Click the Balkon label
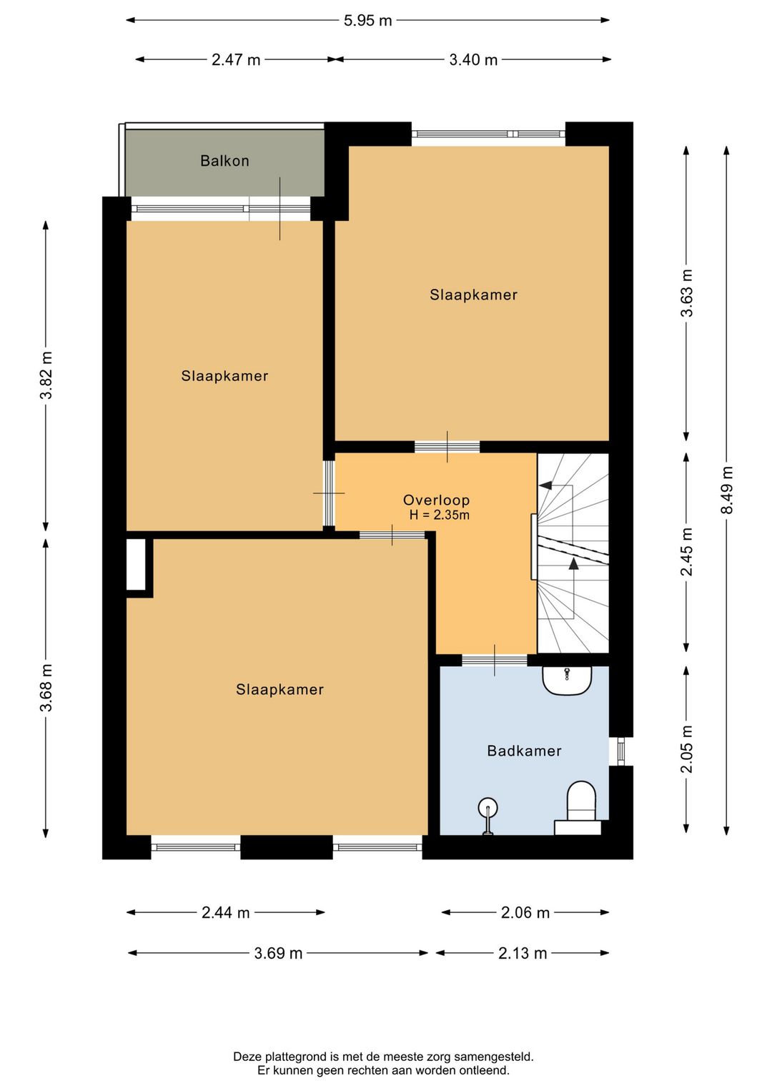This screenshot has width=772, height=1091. (x=224, y=161)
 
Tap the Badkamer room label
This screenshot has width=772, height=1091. (x=524, y=751)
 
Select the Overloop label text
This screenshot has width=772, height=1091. (x=437, y=500)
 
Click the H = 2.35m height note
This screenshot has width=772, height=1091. (x=440, y=515)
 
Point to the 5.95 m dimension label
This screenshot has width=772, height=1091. (x=367, y=21)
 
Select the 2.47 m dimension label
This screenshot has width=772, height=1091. (x=236, y=60)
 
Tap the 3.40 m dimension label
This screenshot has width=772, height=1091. (x=473, y=60)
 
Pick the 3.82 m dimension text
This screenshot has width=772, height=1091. (x=46, y=375)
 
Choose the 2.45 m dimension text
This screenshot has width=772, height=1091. (x=686, y=552)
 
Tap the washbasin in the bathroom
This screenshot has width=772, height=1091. (x=567, y=680)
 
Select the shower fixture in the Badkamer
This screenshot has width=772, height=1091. (x=488, y=816)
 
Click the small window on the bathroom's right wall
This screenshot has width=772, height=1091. (x=620, y=751)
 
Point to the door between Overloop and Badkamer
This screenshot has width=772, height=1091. (x=495, y=660)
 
